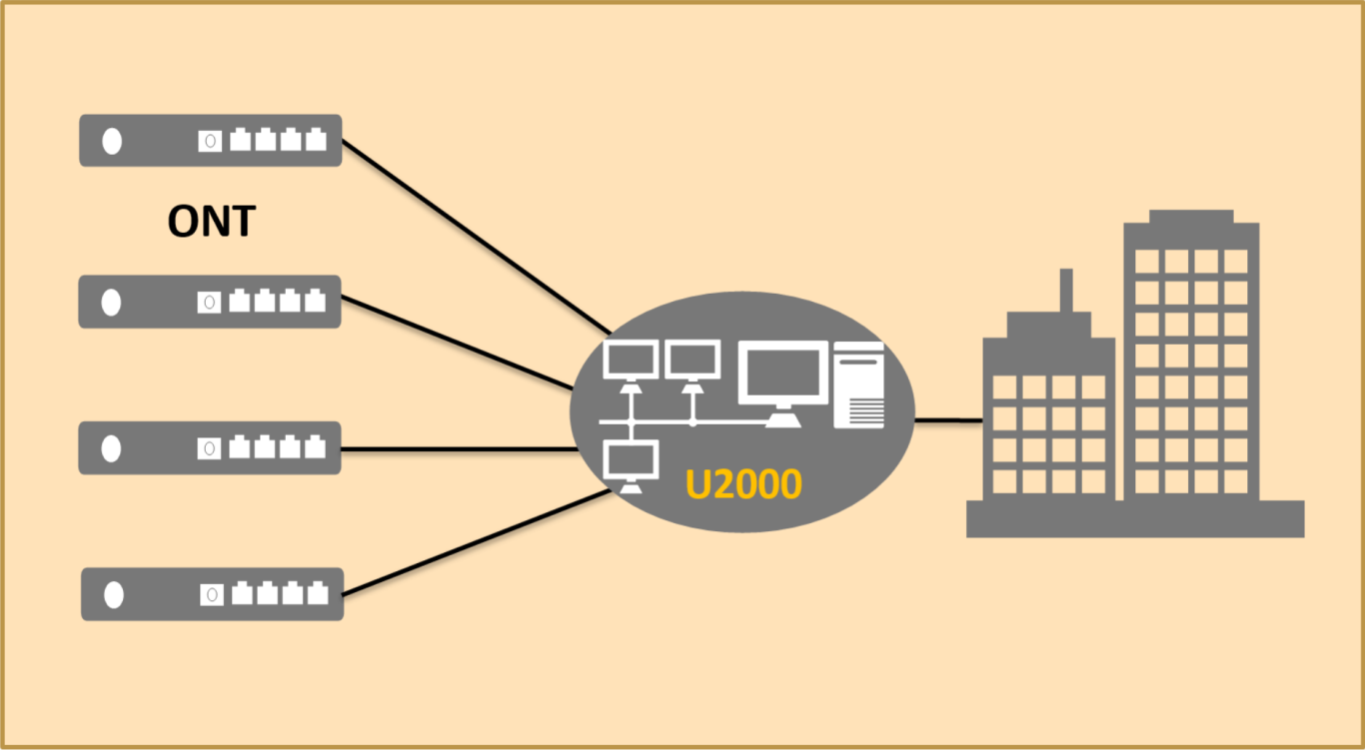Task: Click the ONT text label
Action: pos(211,221)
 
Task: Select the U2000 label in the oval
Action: pos(742,484)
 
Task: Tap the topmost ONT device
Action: pos(210,141)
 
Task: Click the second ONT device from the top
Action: pos(210,302)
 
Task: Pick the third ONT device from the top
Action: pos(210,448)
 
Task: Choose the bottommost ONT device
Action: pos(212,595)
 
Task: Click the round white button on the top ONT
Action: pos(112,142)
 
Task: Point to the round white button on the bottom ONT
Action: pos(114,595)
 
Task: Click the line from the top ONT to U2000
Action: pos(475,237)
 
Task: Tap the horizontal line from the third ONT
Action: pos(460,449)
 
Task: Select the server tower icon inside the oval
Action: pos(859,385)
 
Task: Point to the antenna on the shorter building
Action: pos(1066,290)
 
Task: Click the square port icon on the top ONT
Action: pos(210,141)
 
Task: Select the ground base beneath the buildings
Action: pos(1135,518)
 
